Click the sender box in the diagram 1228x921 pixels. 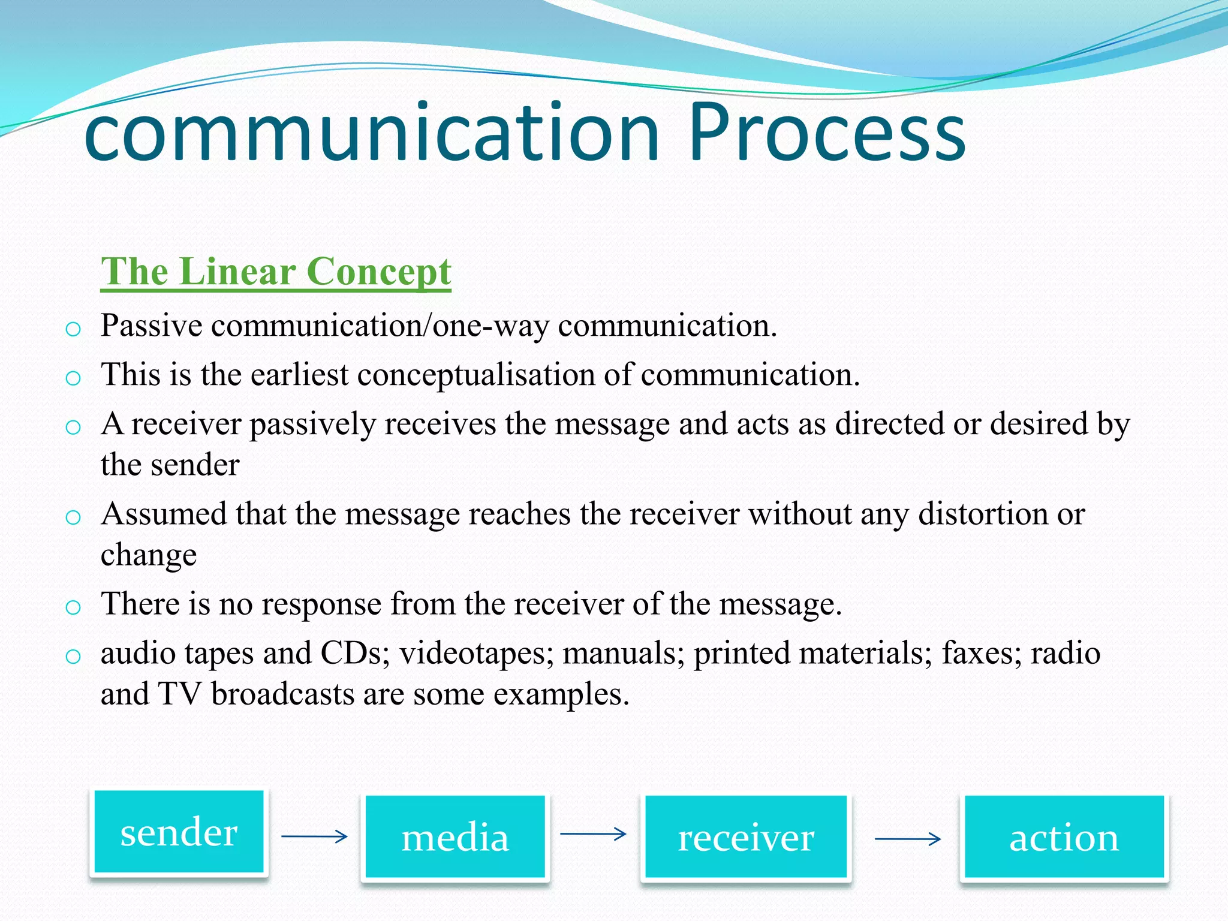tap(179, 832)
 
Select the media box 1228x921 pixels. tap(455, 837)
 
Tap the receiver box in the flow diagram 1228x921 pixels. tap(746, 837)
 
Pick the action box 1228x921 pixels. tap(1064, 837)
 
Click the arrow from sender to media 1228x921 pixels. tap(314, 836)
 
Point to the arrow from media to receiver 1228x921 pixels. tap(593, 833)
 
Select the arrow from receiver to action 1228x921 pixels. tap(907, 838)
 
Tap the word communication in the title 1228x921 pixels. tap(372, 133)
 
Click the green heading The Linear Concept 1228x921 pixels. tap(276, 272)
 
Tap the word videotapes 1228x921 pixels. tap(476, 653)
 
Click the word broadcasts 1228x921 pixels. tap(282, 694)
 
